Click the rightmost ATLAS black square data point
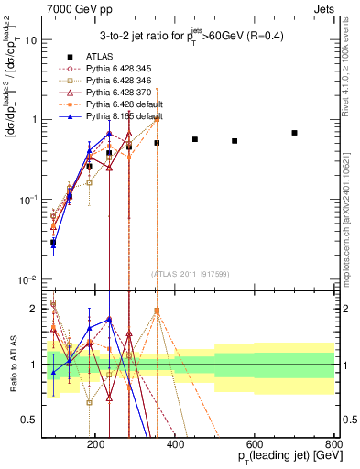click(294, 133)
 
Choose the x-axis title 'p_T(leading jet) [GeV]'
click(278, 457)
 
